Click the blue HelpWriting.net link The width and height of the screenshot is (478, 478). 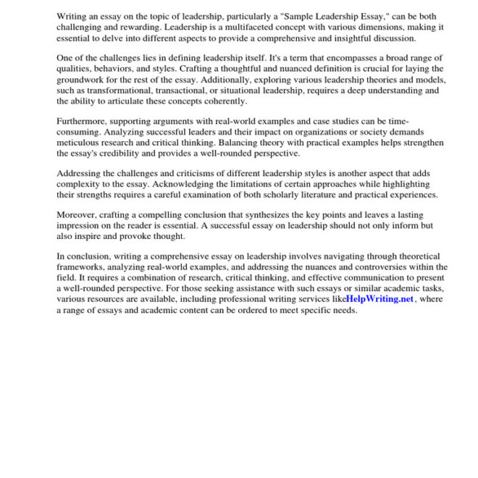[380, 298]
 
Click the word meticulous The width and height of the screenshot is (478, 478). [82, 143]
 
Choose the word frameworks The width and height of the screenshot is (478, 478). [82, 267]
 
